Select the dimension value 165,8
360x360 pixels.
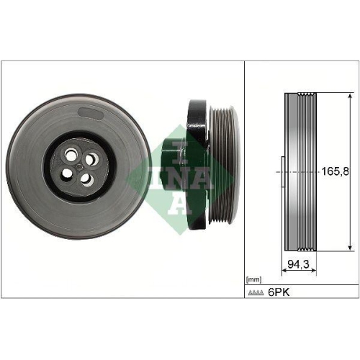[333, 172]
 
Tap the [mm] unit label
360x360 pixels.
[254, 279]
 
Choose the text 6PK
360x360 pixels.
[279, 293]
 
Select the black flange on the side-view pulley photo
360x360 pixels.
[194, 166]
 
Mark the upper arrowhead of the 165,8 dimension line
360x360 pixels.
[350, 96]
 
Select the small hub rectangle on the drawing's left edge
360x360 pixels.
[282, 172]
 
